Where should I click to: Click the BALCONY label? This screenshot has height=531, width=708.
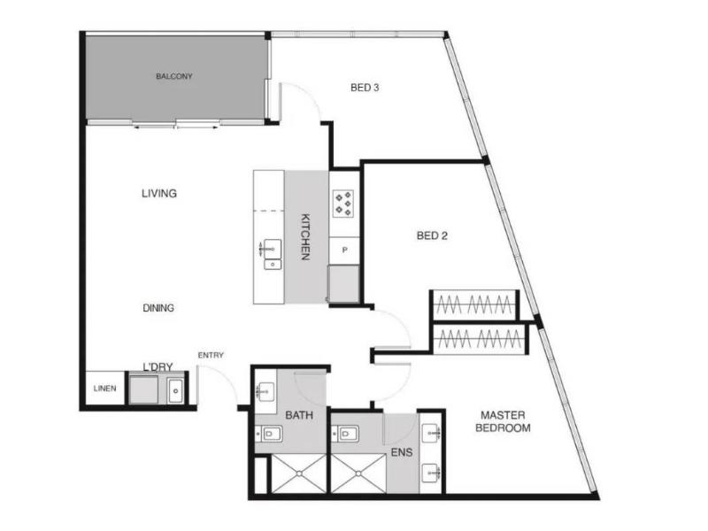pyautogui.click(x=174, y=76)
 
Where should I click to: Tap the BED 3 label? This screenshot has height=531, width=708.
pyautogui.click(x=365, y=88)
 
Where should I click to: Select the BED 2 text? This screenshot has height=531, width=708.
pyautogui.click(x=432, y=235)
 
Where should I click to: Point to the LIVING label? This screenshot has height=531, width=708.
pyautogui.click(x=159, y=193)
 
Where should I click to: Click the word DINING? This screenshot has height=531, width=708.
pyautogui.click(x=158, y=308)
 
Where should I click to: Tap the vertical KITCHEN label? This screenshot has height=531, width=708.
pyautogui.click(x=305, y=236)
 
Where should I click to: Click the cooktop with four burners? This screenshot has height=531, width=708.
pyautogui.click(x=343, y=204)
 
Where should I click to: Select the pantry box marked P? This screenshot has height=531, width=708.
pyautogui.click(x=344, y=250)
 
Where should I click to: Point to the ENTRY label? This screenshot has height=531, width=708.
pyautogui.click(x=211, y=356)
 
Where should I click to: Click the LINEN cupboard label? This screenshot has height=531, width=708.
pyautogui.click(x=104, y=389)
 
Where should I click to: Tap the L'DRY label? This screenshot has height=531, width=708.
pyautogui.click(x=158, y=366)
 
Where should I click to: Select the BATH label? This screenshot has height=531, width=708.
pyautogui.click(x=299, y=415)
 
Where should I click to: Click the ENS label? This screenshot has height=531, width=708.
pyautogui.click(x=402, y=452)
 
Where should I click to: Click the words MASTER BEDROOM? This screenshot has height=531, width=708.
pyautogui.click(x=503, y=421)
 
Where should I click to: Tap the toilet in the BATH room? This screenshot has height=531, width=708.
pyautogui.click(x=270, y=435)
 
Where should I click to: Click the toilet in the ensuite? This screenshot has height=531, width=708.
pyautogui.click(x=345, y=435)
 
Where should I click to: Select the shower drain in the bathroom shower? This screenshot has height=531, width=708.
pyautogui.click(x=299, y=473)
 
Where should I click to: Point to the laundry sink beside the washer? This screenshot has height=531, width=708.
pyautogui.click(x=175, y=390)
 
